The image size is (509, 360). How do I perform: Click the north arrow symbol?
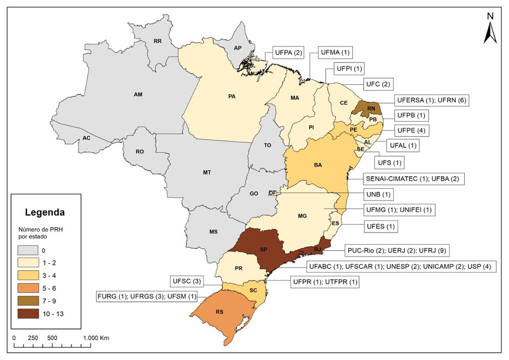tap(490, 31)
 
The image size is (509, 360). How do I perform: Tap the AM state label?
tap(138, 95)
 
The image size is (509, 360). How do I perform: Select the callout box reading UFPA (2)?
tap(289, 53)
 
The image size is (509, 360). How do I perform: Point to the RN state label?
tap(371, 108)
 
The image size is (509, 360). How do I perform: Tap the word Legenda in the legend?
tap(45, 212)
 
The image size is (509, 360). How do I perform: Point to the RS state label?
tap(220, 312)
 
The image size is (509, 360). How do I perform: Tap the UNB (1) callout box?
tap(379, 194)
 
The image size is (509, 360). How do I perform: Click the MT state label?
tap(207, 173)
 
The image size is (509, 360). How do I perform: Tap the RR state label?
tap(157, 41)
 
